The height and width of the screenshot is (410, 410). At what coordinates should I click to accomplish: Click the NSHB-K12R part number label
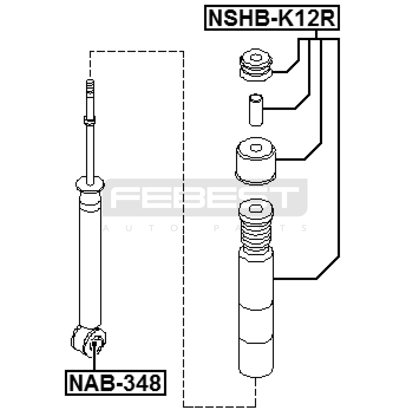(x=272, y=18)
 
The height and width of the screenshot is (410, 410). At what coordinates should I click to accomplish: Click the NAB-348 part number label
(x=115, y=383)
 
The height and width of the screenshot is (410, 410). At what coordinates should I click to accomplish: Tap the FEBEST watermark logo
(x=205, y=198)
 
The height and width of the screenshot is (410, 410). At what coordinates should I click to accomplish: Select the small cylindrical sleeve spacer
(x=256, y=110)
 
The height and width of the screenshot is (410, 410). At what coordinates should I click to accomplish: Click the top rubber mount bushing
(x=256, y=65)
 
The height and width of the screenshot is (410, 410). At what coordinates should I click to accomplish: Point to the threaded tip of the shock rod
(x=90, y=87)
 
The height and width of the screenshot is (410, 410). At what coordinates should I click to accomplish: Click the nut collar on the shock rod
(x=90, y=120)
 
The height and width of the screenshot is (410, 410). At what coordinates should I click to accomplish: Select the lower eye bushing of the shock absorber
(x=88, y=341)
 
